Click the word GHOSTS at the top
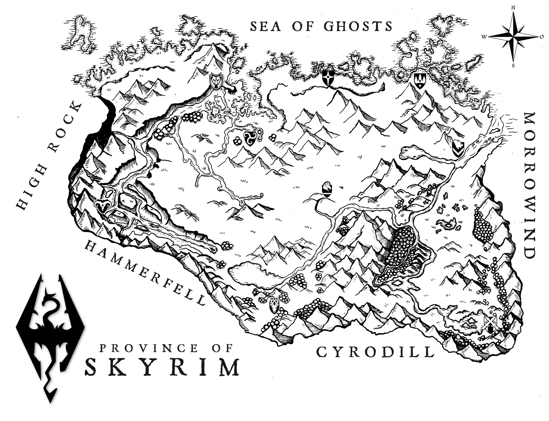coord(358,26)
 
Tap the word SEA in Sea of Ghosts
coord(266,26)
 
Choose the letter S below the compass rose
coord(514,66)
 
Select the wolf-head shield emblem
coord(216,80)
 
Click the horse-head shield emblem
coord(327,190)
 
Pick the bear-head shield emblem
coord(458,149)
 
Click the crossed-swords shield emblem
coord(491,326)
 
